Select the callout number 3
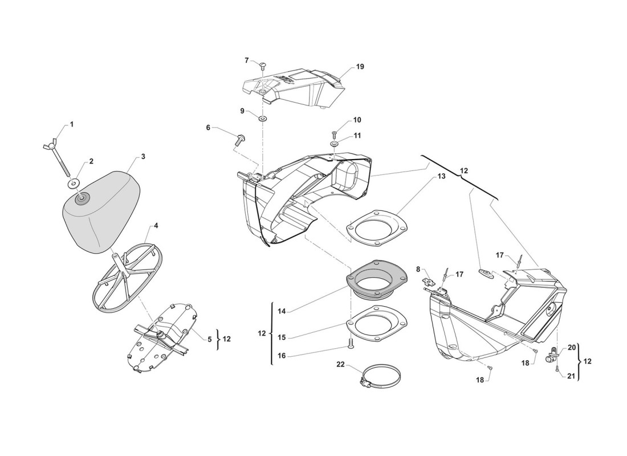(143, 156)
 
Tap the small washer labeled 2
(74, 183)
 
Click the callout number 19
(360, 67)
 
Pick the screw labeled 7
(264, 67)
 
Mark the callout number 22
(340, 364)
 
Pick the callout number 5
(210, 339)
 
